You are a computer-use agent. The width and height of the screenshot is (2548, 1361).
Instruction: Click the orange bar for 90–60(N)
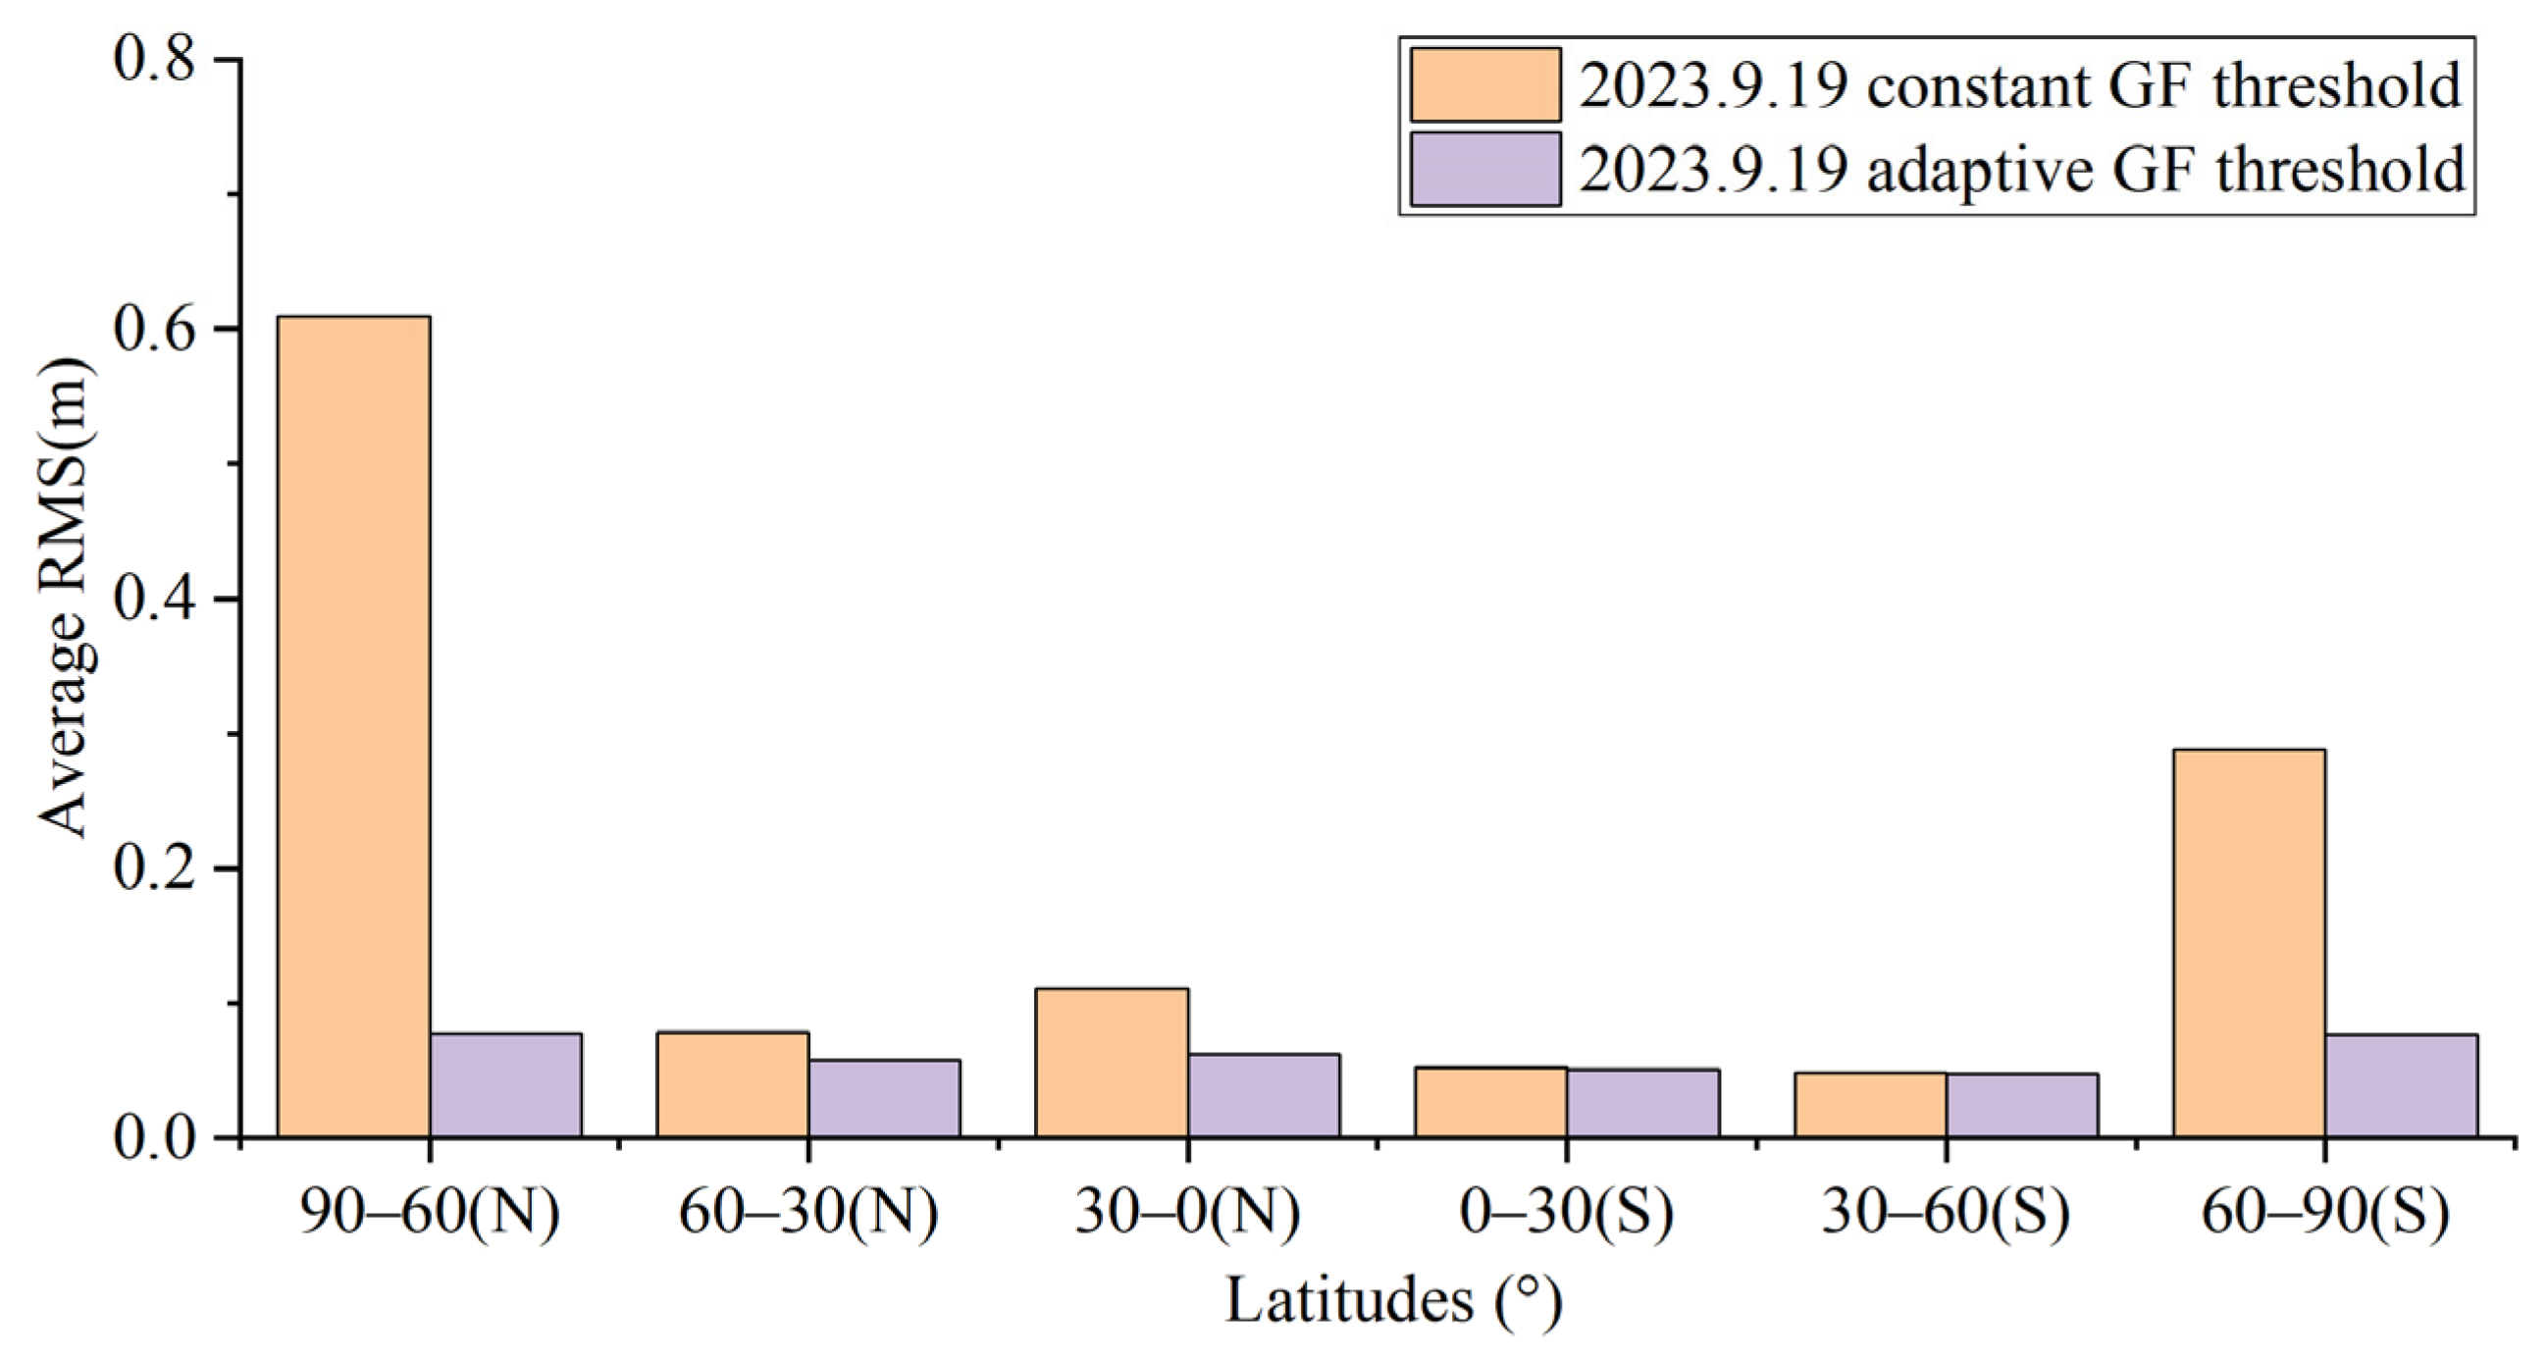[x=353, y=727]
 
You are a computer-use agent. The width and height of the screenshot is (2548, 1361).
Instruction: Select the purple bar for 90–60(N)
[x=505, y=1085]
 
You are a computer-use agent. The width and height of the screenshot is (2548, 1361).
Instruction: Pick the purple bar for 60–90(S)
[x=2402, y=1085]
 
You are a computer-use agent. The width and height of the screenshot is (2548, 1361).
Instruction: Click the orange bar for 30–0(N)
[x=1112, y=1063]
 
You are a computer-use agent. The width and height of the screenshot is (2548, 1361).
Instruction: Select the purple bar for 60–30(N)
[x=884, y=1098]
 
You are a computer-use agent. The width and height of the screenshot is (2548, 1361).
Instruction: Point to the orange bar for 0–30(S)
[x=1490, y=1102]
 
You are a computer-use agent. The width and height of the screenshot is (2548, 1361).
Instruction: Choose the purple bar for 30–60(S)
[x=2022, y=1105]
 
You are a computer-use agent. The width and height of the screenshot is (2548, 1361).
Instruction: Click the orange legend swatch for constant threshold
[x=1485, y=85]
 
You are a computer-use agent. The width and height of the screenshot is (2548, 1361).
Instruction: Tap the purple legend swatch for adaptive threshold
[x=1485, y=169]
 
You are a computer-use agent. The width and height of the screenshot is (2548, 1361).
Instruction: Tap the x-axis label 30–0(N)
[x=1187, y=1213]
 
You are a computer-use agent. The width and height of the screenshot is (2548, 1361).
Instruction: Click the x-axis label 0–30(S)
[x=1566, y=1213]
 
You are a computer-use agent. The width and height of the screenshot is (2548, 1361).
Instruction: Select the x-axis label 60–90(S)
[x=2324, y=1213]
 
